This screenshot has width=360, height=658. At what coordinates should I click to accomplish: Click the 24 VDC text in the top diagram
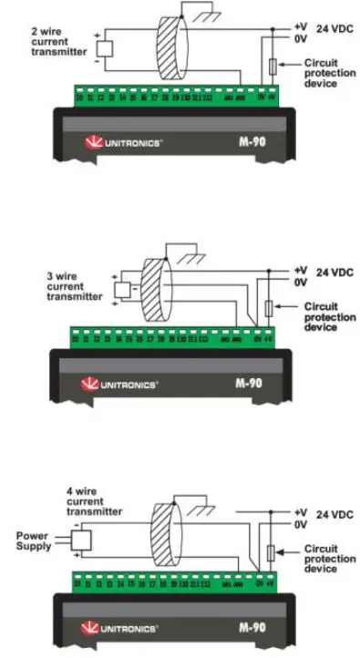coord(335,28)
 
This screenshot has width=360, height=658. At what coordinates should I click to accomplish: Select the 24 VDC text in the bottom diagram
coord(335,516)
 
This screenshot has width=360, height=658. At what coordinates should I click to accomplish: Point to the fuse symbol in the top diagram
coord(272,67)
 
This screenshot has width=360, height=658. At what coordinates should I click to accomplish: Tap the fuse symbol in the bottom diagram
coord(270,553)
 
